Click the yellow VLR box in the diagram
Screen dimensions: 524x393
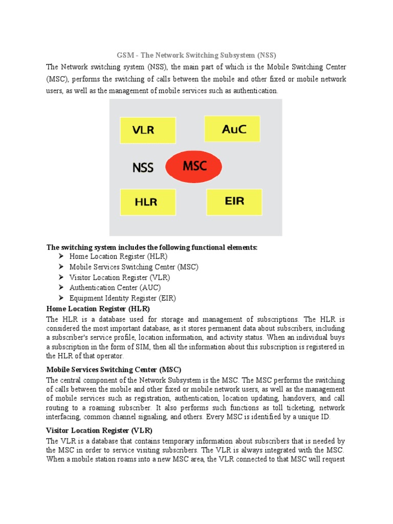pos(147,130)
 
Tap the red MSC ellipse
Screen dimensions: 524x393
pos(194,166)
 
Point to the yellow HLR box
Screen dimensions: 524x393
pos(147,202)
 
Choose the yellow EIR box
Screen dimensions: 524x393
pos(234,202)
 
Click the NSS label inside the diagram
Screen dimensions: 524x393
pos(143,167)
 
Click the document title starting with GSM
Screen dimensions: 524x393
pos(196,55)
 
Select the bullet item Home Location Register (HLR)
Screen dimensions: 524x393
pos(118,256)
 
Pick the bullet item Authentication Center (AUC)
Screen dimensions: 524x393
pos(115,288)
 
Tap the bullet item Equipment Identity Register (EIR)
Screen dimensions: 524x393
pos(122,298)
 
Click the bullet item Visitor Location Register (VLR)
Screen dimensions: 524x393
pos(119,277)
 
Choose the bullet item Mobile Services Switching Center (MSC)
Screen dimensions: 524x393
pos(134,267)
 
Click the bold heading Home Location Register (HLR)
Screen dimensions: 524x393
pos(98,309)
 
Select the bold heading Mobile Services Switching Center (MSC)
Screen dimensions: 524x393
pos(114,369)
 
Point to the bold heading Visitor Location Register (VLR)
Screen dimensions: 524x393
pos(99,430)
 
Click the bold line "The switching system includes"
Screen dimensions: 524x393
pos(152,248)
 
